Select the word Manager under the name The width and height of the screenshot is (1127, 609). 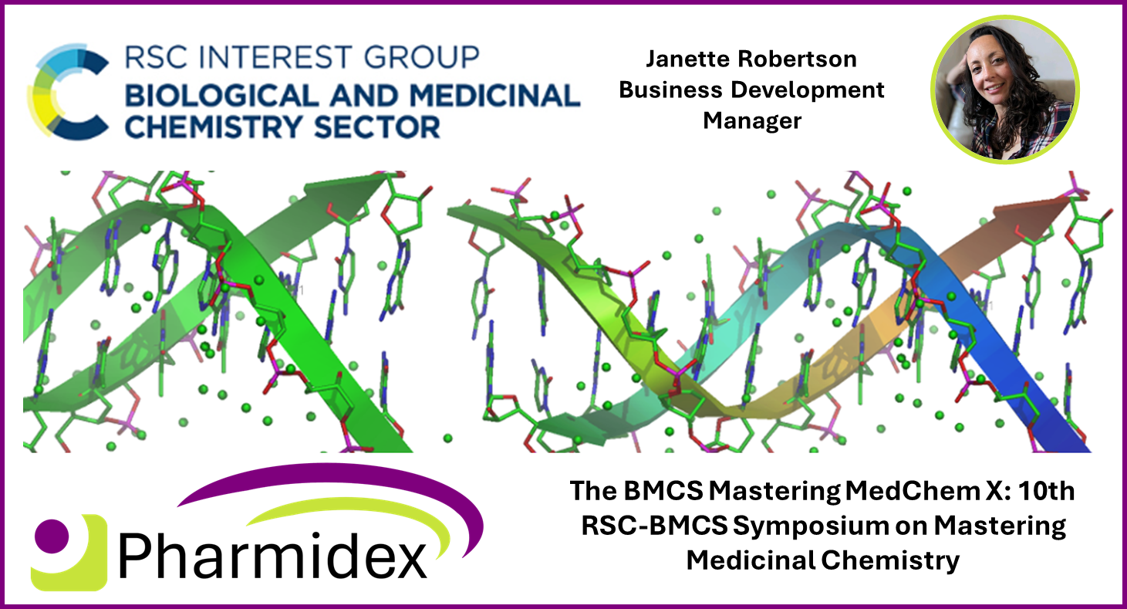click(751, 120)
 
